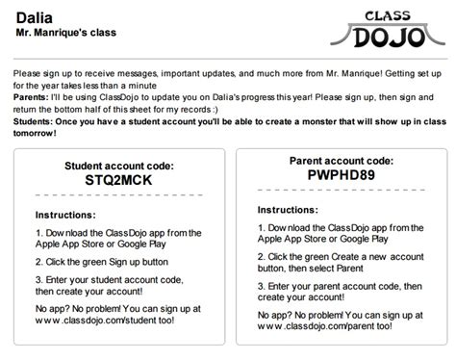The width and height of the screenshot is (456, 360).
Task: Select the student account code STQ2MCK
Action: (x=118, y=180)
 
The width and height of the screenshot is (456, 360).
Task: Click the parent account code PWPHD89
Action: (x=341, y=178)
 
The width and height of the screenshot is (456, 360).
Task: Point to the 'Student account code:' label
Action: (x=118, y=165)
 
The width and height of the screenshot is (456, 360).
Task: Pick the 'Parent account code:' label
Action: (x=341, y=161)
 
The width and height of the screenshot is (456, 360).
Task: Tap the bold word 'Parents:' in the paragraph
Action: (x=36, y=95)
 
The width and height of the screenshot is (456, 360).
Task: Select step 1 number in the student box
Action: (x=38, y=232)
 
